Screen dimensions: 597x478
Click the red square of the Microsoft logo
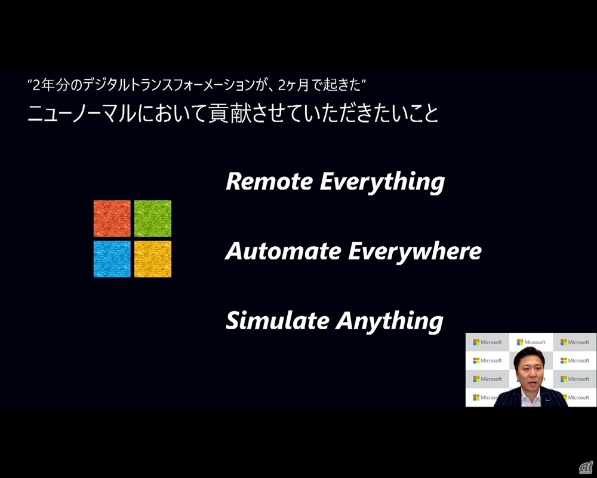(112, 219)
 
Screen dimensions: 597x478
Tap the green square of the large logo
(153, 219)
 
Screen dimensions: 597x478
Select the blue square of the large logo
(112, 259)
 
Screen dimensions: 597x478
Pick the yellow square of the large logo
(153, 259)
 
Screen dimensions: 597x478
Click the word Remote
(269, 182)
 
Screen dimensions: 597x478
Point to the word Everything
(382, 183)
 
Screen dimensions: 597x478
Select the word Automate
(283, 251)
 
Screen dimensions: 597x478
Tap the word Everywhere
(415, 252)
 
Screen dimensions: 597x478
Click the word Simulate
(278, 321)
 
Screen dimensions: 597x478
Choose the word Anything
(389, 322)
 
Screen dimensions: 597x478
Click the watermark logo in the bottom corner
(586, 467)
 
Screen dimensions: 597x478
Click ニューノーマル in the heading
(81, 114)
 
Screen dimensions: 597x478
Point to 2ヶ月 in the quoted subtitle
(292, 85)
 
